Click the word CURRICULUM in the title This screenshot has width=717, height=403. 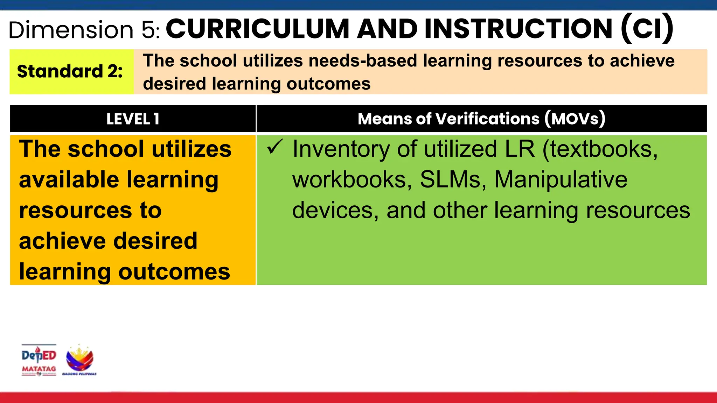coord(258,29)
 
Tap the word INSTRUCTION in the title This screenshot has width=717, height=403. coord(518,29)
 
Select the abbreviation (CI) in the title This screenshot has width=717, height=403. coord(647,29)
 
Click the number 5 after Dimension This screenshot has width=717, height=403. coord(149,30)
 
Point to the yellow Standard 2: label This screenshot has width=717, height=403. coord(70,71)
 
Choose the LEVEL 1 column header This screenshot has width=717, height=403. coord(133,119)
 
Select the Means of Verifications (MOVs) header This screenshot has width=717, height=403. coord(481,119)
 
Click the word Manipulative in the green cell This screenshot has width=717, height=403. coord(561,179)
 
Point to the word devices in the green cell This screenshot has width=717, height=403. coord(335,210)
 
